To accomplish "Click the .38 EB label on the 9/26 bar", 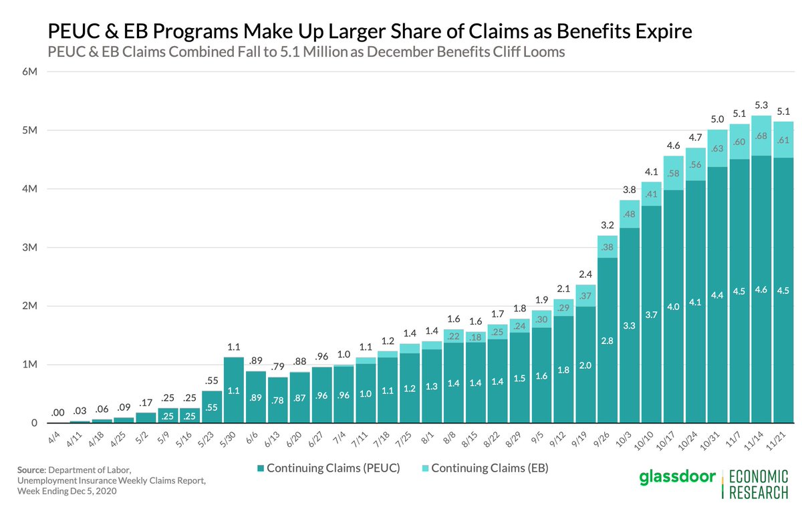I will [606, 246].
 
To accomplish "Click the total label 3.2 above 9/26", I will [606, 224].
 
